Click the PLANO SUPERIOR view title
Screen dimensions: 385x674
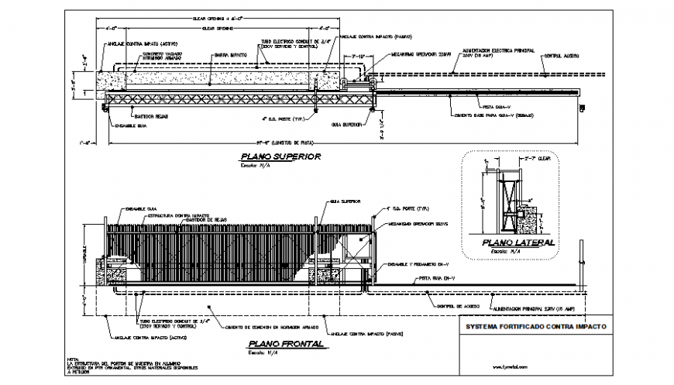click(270, 157)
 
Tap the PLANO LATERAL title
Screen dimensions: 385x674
click(518, 242)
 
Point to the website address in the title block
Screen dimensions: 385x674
click(510, 366)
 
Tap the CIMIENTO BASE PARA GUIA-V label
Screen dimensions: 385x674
click(486, 115)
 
